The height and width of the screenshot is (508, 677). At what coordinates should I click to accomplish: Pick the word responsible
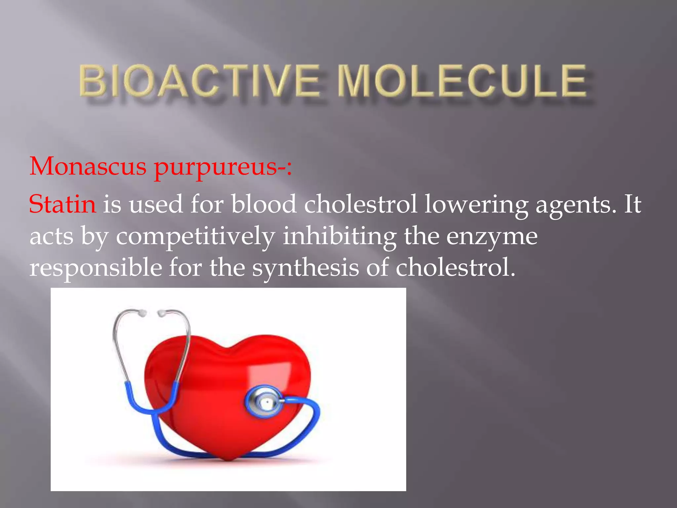[x=96, y=268]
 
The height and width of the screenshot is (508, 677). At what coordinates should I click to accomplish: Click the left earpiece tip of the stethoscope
[x=142, y=313]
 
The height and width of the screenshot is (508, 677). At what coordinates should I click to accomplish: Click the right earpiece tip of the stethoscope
[x=162, y=313]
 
